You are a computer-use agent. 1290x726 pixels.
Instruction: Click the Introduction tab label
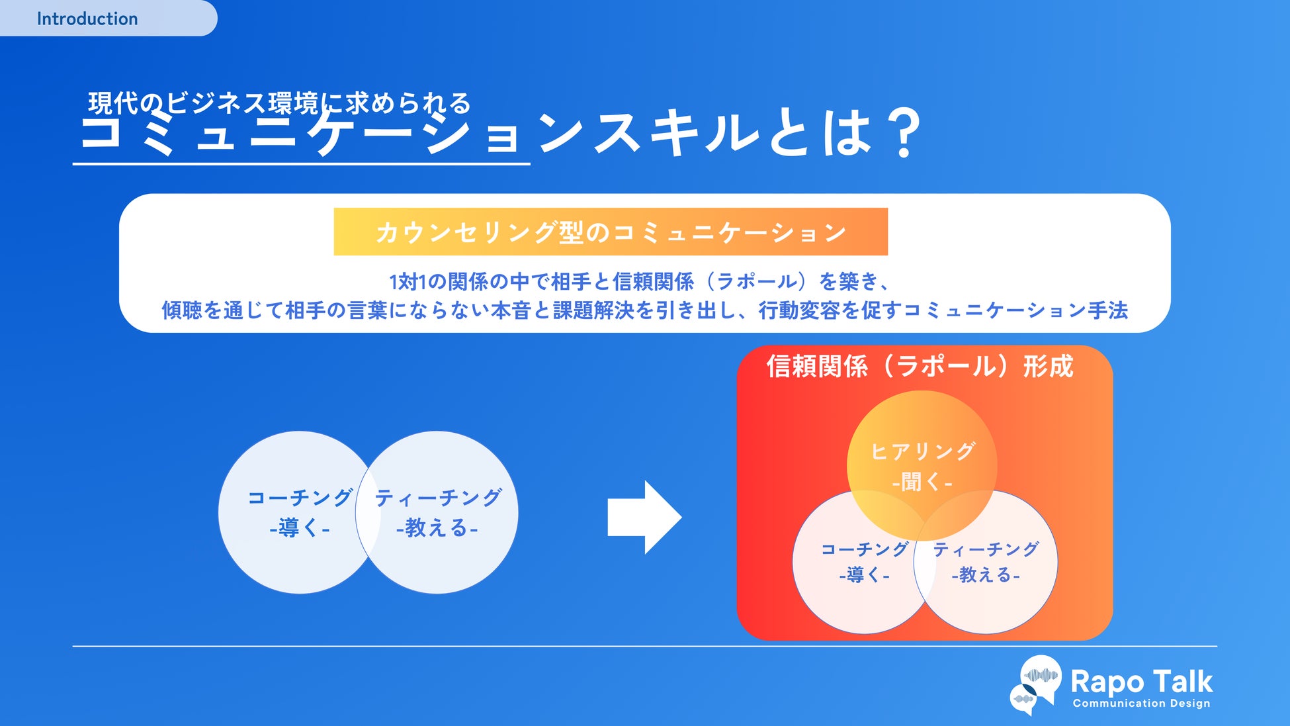pos(87,19)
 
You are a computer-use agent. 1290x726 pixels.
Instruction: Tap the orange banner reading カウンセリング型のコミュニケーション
pos(610,232)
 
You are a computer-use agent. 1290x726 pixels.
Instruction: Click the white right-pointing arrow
pos(644,517)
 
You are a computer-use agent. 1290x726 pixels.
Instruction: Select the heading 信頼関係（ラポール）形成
pos(920,366)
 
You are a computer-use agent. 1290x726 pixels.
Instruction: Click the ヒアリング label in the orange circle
pos(922,451)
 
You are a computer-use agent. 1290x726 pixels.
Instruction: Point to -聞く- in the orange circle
pos(922,482)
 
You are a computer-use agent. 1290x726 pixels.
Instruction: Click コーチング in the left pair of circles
pos(300,498)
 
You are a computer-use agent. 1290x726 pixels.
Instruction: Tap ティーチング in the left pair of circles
pos(438,498)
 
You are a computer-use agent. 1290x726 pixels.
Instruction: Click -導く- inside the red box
pos(864,575)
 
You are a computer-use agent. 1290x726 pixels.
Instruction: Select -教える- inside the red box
pos(986,575)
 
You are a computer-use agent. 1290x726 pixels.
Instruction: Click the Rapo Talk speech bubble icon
pos(1037,684)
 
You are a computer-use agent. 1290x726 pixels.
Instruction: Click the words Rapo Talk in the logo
pos(1141,681)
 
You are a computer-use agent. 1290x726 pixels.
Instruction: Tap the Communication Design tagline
pos(1141,703)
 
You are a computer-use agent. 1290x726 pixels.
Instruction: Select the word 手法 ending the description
pos(1107,310)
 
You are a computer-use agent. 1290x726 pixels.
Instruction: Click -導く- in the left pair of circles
pos(300,528)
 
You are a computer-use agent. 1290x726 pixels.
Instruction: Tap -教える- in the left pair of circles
pos(437,528)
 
